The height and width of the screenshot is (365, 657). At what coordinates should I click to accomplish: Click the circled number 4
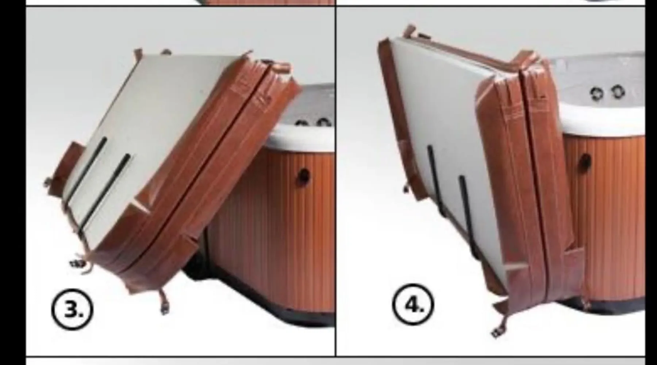click(x=413, y=304)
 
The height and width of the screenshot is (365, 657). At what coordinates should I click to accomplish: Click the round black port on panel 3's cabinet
click(x=304, y=177)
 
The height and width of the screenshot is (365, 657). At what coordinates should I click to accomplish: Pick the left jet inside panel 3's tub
click(x=301, y=124)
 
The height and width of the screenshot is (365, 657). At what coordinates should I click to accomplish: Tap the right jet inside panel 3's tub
click(x=323, y=122)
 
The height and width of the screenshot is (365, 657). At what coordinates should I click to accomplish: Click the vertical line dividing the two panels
click(x=335, y=181)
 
